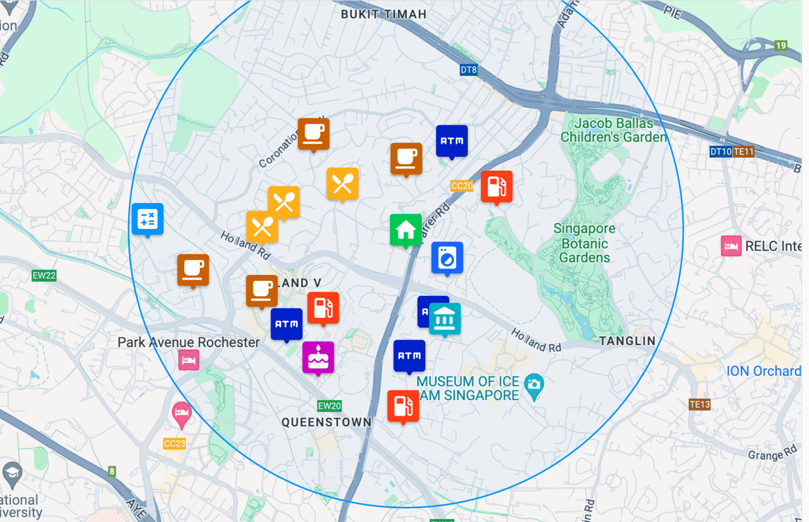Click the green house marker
pyautogui.click(x=406, y=230)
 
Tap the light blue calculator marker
pyautogui.click(x=148, y=219)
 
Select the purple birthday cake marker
pyautogui.click(x=318, y=357)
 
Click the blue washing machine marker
pyautogui.click(x=447, y=258)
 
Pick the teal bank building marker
pyautogui.click(x=445, y=319)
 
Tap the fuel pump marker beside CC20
pyautogui.click(x=496, y=187)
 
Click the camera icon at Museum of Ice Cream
pyautogui.click(x=534, y=385)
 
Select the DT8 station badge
pyautogui.click(x=469, y=70)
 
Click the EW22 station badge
pyautogui.click(x=44, y=275)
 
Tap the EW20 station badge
pyautogui.click(x=330, y=406)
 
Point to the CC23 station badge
pyautogui.click(x=174, y=443)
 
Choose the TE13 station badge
pyautogui.click(x=699, y=404)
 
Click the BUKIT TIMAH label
pyautogui.click(x=384, y=14)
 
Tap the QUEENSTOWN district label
pyautogui.click(x=327, y=422)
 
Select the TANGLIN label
pyautogui.click(x=627, y=341)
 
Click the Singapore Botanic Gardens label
pyautogui.click(x=584, y=243)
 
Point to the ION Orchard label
pyautogui.click(x=763, y=371)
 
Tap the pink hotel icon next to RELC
pyautogui.click(x=731, y=246)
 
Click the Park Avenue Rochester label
pyautogui.click(x=189, y=342)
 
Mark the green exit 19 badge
pyautogui.click(x=781, y=46)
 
